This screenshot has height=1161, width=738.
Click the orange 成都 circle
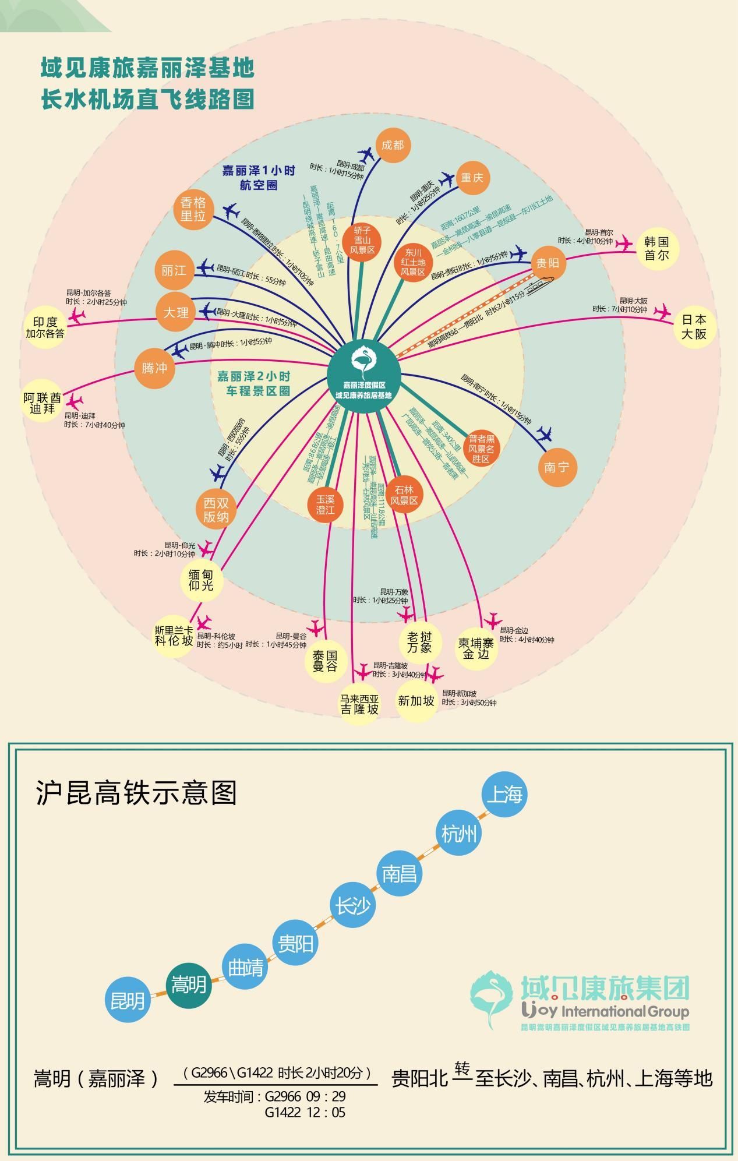coord(393,145)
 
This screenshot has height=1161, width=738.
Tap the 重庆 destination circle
coord(472,178)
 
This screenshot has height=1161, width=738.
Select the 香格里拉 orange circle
coord(193,209)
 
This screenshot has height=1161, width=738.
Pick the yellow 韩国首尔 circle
coord(657,249)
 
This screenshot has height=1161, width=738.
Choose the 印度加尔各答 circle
coord(45,327)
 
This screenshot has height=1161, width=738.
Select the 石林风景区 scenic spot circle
coord(404,495)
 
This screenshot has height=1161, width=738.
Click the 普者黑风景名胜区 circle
coord(481,449)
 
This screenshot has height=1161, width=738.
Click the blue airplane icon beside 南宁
coord(545,433)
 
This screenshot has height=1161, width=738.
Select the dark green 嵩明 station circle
coord(189,984)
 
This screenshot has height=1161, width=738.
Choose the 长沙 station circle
coord(352,906)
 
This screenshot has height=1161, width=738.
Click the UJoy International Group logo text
coord(606,1011)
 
